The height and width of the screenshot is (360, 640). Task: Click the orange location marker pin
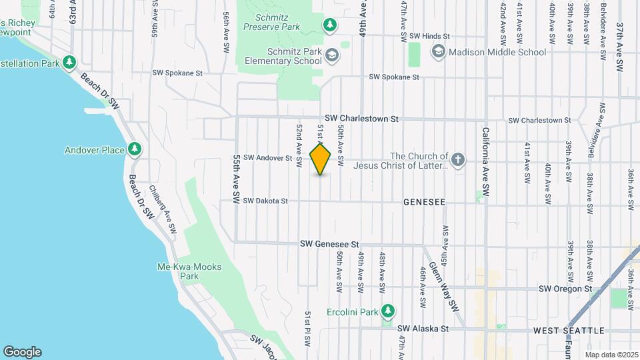321,159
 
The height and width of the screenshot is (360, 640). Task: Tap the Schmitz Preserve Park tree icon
329,25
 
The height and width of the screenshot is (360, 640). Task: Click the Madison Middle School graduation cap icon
438,51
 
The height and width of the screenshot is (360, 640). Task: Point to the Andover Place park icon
135,149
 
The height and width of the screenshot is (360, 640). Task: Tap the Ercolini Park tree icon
388,311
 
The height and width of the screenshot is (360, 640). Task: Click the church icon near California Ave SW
457,160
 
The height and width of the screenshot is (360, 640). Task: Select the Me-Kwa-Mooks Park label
190,271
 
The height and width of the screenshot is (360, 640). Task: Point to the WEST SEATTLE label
569,330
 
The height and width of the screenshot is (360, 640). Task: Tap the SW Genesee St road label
329,245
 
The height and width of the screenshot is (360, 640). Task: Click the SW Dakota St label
265,201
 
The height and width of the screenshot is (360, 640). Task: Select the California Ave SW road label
486,161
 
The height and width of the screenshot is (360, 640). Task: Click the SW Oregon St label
565,289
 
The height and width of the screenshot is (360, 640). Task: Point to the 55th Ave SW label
236,180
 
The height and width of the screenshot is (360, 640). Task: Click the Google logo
22,351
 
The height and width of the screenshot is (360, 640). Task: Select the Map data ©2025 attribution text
611,354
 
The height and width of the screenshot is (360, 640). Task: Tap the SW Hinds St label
430,36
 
